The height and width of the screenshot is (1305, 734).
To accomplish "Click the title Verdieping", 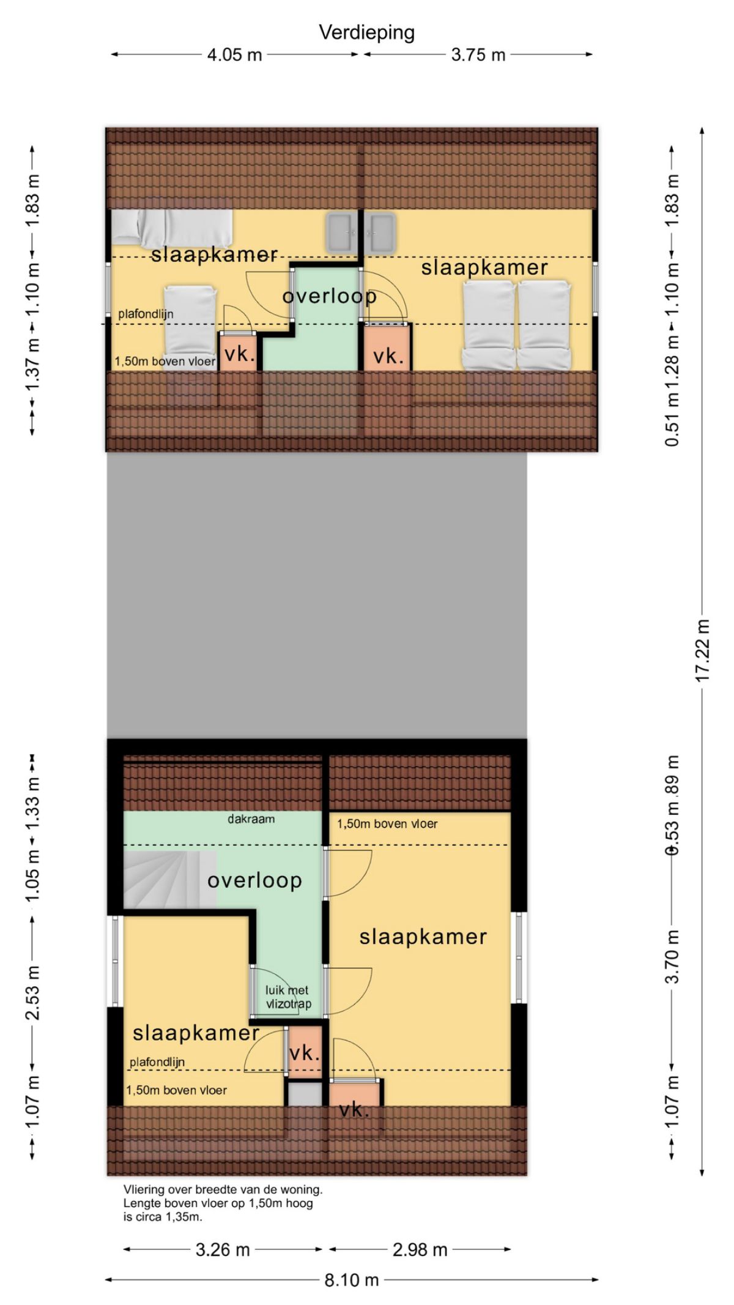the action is [x=366, y=32].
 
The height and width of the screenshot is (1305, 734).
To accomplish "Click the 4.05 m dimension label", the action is [x=234, y=55].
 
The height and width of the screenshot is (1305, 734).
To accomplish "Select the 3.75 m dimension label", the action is [x=478, y=55].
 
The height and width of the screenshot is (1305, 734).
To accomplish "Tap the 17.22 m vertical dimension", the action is [x=702, y=650].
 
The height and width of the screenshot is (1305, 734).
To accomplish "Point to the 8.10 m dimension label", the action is [x=352, y=1280].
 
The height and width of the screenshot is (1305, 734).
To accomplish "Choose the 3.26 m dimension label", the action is [x=223, y=1249].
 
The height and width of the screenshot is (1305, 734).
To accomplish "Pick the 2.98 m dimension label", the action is [x=420, y=1249].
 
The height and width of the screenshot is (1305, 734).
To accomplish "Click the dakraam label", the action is [x=251, y=819].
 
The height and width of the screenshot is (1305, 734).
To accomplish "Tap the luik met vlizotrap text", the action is [x=288, y=997].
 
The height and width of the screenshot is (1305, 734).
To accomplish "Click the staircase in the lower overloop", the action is [x=170, y=879].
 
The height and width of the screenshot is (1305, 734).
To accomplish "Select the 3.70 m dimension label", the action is [x=672, y=956].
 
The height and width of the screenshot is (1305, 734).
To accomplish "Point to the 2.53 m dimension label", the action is [x=32, y=992].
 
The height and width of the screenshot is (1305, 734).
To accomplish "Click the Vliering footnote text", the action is [x=223, y=1203].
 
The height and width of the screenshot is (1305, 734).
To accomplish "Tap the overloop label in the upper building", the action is [x=329, y=296].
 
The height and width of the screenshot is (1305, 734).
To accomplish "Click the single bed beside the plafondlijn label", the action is [x=191, y=329].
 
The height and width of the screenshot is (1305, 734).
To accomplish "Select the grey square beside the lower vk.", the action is [x=305, y=1093].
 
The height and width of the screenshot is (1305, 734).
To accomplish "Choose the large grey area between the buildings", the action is [x=317, y=595].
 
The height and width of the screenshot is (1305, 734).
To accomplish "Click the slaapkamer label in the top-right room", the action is [x=484, y=267].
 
